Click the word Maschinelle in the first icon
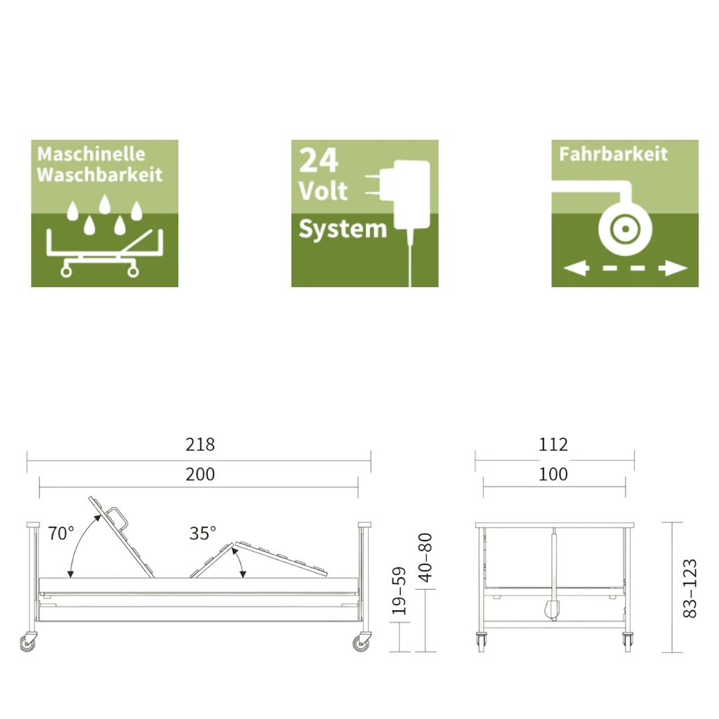pos(91,154)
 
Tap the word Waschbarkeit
pos(100,175)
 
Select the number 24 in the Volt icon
pos(319,161)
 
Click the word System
pos(343,229)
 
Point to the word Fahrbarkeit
pos(613,154)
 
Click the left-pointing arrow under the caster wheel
pos(576,268)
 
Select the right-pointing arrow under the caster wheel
pos(673,268)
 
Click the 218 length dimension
pos(200,444)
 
